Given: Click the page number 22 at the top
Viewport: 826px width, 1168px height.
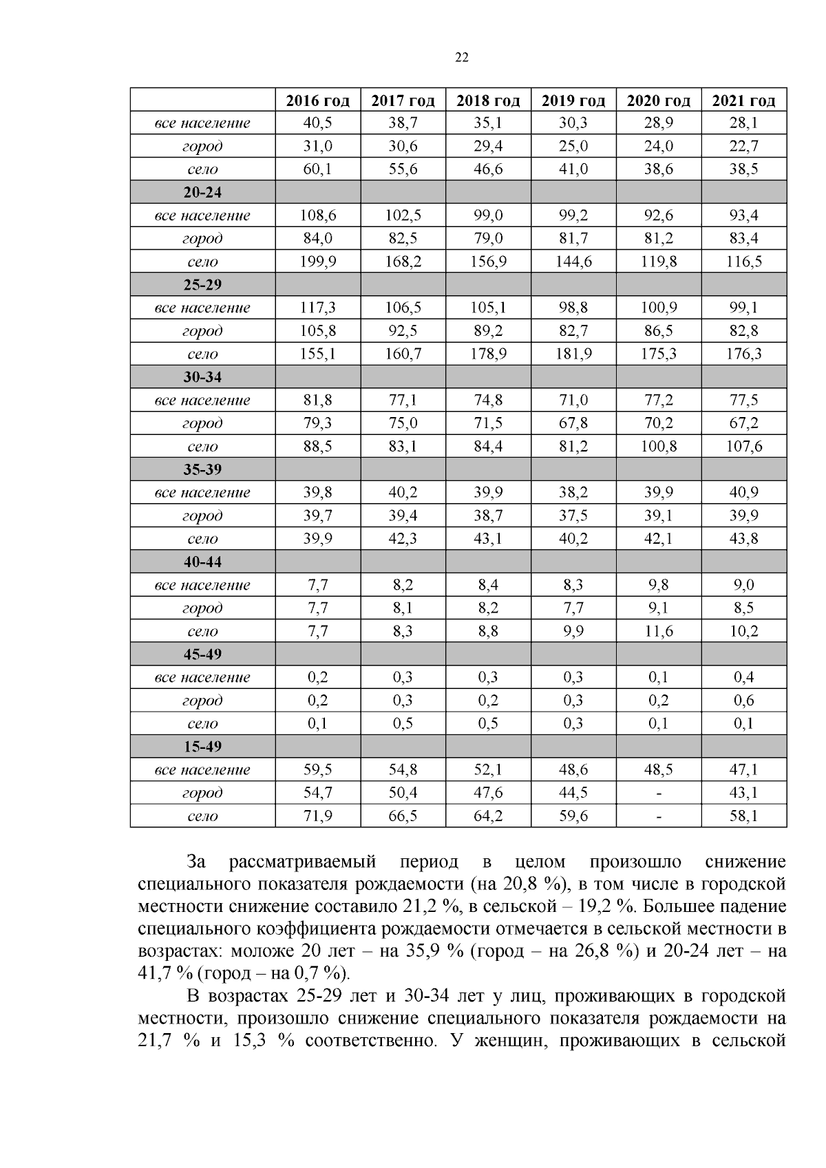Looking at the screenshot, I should [462, 58].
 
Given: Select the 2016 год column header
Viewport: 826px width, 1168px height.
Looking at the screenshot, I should [317, 100].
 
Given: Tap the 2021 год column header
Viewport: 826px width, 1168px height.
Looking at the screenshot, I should [743, 100].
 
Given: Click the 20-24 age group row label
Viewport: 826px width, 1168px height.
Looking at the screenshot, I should [202, 192].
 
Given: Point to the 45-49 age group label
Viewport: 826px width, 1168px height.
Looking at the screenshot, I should [202, 654].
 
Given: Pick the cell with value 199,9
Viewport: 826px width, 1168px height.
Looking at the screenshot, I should [317, 262].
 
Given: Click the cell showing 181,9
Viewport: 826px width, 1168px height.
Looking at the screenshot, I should [573, 354].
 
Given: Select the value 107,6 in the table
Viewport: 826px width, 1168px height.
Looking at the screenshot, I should [743, 446].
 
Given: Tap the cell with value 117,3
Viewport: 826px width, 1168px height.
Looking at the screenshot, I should [317, 308].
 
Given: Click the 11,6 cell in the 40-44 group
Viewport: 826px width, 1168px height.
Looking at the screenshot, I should [659, 631].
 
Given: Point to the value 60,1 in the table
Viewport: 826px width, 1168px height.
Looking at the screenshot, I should [317, 169].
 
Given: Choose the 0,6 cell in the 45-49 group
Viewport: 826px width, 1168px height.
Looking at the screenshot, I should [743, 700].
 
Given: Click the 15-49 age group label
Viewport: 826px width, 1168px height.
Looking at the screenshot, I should [202, 746].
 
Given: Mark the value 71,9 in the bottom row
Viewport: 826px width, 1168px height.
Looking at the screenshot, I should [317, 816].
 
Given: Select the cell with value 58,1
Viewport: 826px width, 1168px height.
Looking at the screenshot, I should [743, 816].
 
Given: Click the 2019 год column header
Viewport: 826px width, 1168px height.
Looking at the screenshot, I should [573, 100].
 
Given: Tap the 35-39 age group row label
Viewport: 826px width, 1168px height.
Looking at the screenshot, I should [202, 469].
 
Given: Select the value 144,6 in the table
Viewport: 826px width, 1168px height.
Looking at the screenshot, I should [573, 262].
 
